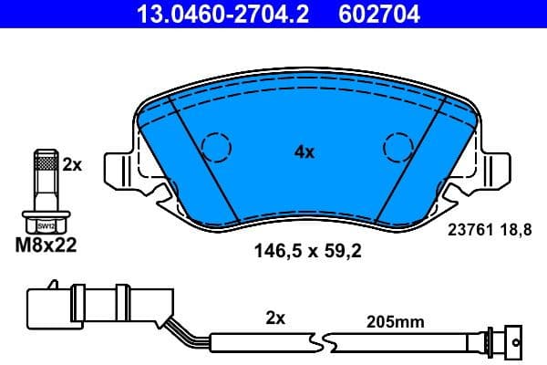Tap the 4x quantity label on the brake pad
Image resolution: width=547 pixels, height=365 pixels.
304,152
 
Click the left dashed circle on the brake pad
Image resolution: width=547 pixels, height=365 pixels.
216,146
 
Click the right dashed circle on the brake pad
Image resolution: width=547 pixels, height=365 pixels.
398,146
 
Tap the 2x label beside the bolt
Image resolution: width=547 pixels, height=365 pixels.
72,165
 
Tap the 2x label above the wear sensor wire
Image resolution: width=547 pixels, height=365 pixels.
275,318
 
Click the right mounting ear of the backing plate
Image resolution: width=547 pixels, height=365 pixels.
497,171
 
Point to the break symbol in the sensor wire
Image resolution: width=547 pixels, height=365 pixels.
324,343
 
